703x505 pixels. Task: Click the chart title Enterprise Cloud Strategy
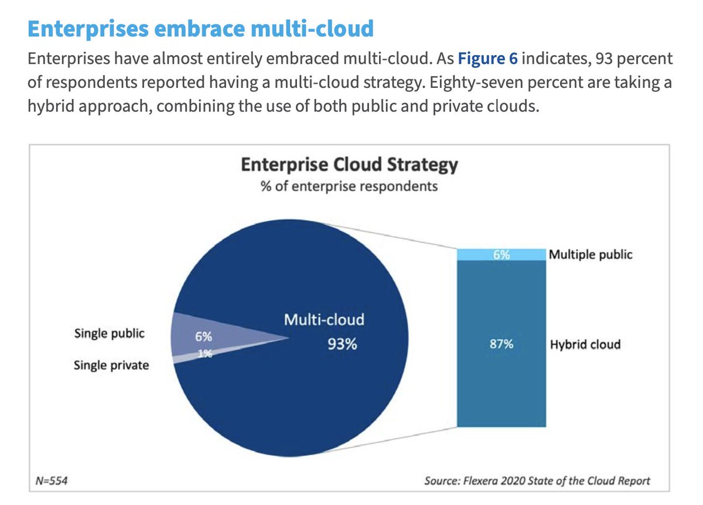coord(349,165)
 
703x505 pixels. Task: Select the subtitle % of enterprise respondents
coord(349,186)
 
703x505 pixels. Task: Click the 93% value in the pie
coord(342,344)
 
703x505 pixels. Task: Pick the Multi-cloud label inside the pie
coord(324,320)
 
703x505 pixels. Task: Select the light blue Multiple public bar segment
coord(501,254)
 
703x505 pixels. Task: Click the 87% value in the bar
coord(501,344)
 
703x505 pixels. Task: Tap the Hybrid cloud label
coord(585,344)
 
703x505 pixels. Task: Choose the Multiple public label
coord(591,254)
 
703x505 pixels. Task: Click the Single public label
coord(109,333)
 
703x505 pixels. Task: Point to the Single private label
coord(111,366)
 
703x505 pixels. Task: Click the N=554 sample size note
coord(52,481)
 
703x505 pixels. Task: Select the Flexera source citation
coord(537,481)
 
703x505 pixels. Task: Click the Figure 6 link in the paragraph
coord(487,59)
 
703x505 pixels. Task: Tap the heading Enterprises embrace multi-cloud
coord(200,29)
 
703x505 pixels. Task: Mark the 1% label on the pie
coord(205,354)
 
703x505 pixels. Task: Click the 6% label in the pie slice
coord(203,337)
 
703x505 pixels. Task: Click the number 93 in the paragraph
coord(604,59)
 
